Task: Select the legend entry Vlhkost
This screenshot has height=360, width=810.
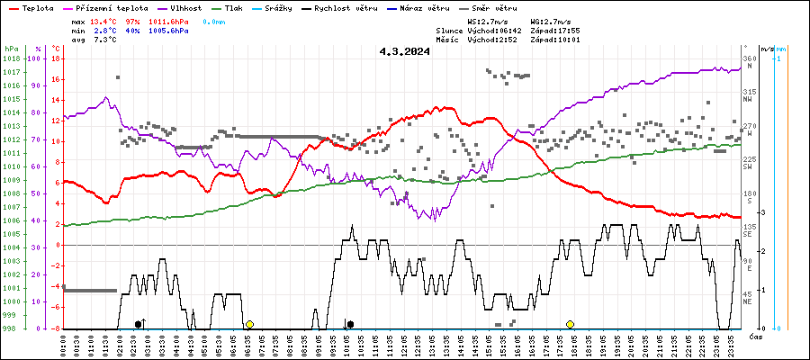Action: click(185, 7)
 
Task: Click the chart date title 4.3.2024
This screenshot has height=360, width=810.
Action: click(404, 51)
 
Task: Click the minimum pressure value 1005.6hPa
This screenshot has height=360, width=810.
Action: click(171, 31)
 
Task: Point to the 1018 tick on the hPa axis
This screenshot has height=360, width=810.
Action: click(11, 58)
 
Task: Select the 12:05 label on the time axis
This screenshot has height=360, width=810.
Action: click(405, 345)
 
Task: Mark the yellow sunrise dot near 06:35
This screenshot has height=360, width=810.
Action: click(249, 324)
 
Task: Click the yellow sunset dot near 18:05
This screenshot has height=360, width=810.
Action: click(570, 324)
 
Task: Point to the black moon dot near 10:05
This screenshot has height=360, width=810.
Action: click(350, 324)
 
